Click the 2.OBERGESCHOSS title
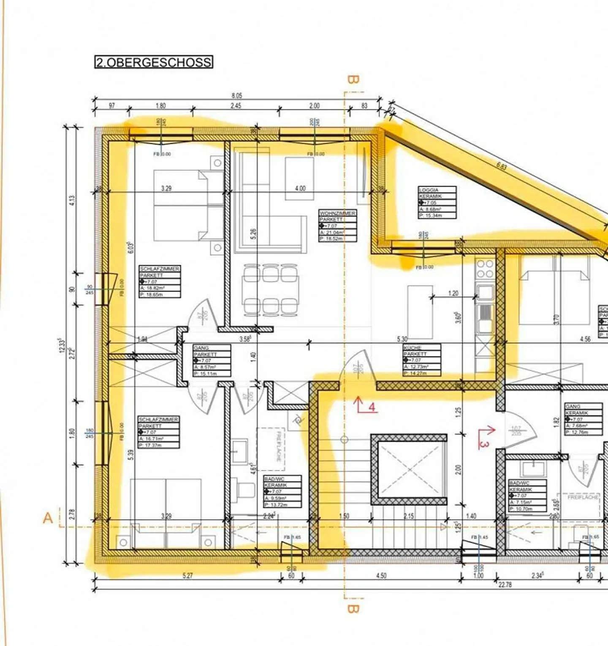pyautogui.click(x=154, y=62)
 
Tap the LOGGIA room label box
pyautogui.click(x=437, y=202)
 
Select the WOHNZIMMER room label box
pyautogui.click(x=337, y=226)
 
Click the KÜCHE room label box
pyautogui.click(x=421, y=360)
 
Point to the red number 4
pyautogui.click(x=372, y=407)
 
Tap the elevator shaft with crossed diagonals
pyautogui.click(x=409, y=470)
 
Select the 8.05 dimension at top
pyautogui.click(x=236, y=96)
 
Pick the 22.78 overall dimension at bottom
pyautogui.click(x=505, y=584)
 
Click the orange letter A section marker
pyautogui.click(x=48, y=518)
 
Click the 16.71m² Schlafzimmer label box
pyautogui.click(x=159, y=432)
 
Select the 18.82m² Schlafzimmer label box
pyautogui.click(x=160, y=282)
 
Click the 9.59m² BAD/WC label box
pyautogui.click(x=282, y=491)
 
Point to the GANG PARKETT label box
pyautogui.click(x=212, y=361)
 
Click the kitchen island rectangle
pyautogui.click(x=420, y=312)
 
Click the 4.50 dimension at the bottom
pyautogui.click(x=381, y=575)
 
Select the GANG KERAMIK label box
pyautogui.click(x=584, y=419)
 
